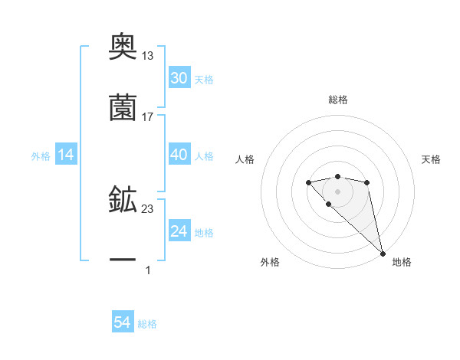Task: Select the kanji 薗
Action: tap(123, 108)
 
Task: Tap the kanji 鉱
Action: tap(123, 200)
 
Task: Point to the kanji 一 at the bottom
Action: tap(123, 261)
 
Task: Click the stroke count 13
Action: tap(148, 55)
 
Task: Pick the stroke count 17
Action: tap(148, 116)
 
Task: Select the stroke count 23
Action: tap(148, 208)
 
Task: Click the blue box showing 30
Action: tap(179, 78)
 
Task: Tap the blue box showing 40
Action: tap(179, 155)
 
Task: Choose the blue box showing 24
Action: tap(179, 231)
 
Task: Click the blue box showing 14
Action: tap(66, 155)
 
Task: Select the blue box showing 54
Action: tap(123, 323)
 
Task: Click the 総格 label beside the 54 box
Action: tap(147, 324)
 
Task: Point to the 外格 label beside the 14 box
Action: tap(41, 156)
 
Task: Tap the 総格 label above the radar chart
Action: tap(338, 100)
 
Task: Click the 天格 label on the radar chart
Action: tap(431, 159)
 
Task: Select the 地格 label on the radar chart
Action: tap(402, 262)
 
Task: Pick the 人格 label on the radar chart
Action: tap(245, 159)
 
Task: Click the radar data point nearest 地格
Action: tap(383, 253)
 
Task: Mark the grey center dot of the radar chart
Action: tap(337, 191)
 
